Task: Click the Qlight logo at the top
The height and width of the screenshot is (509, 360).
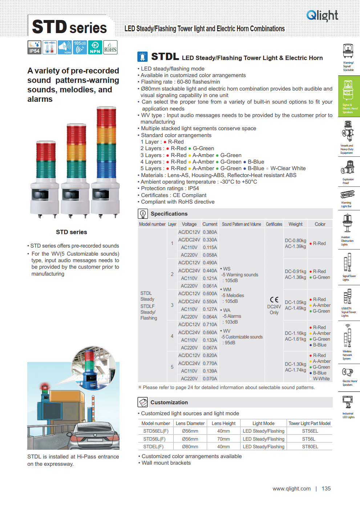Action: [322, 15]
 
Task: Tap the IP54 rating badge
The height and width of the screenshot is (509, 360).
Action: [35, 47]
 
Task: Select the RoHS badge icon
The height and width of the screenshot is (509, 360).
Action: [110, 47]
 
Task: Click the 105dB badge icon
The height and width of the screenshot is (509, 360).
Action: [80, 47]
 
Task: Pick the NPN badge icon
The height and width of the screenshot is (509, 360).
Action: [95, 47]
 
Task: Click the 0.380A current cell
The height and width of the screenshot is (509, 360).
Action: [210, 232]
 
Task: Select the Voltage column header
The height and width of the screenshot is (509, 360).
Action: [189, 224]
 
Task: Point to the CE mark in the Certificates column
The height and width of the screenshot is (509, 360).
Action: [274, 300]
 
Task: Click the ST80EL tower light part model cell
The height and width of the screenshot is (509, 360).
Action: [310, 446]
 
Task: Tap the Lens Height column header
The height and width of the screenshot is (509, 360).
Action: [223, 423]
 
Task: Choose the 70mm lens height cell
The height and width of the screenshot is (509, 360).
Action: [223, 439]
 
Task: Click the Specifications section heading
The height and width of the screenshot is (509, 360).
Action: [169, 214]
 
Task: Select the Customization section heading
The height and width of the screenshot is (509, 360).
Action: [169, 402]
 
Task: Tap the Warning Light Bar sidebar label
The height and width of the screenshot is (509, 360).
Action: [346, 204]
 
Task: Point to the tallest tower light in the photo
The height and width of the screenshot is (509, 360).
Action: [106, 160]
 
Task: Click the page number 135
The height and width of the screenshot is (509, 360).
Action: [326, 489]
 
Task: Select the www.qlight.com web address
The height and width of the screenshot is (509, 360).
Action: [292, 489]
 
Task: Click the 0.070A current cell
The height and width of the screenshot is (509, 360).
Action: [210, 378]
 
